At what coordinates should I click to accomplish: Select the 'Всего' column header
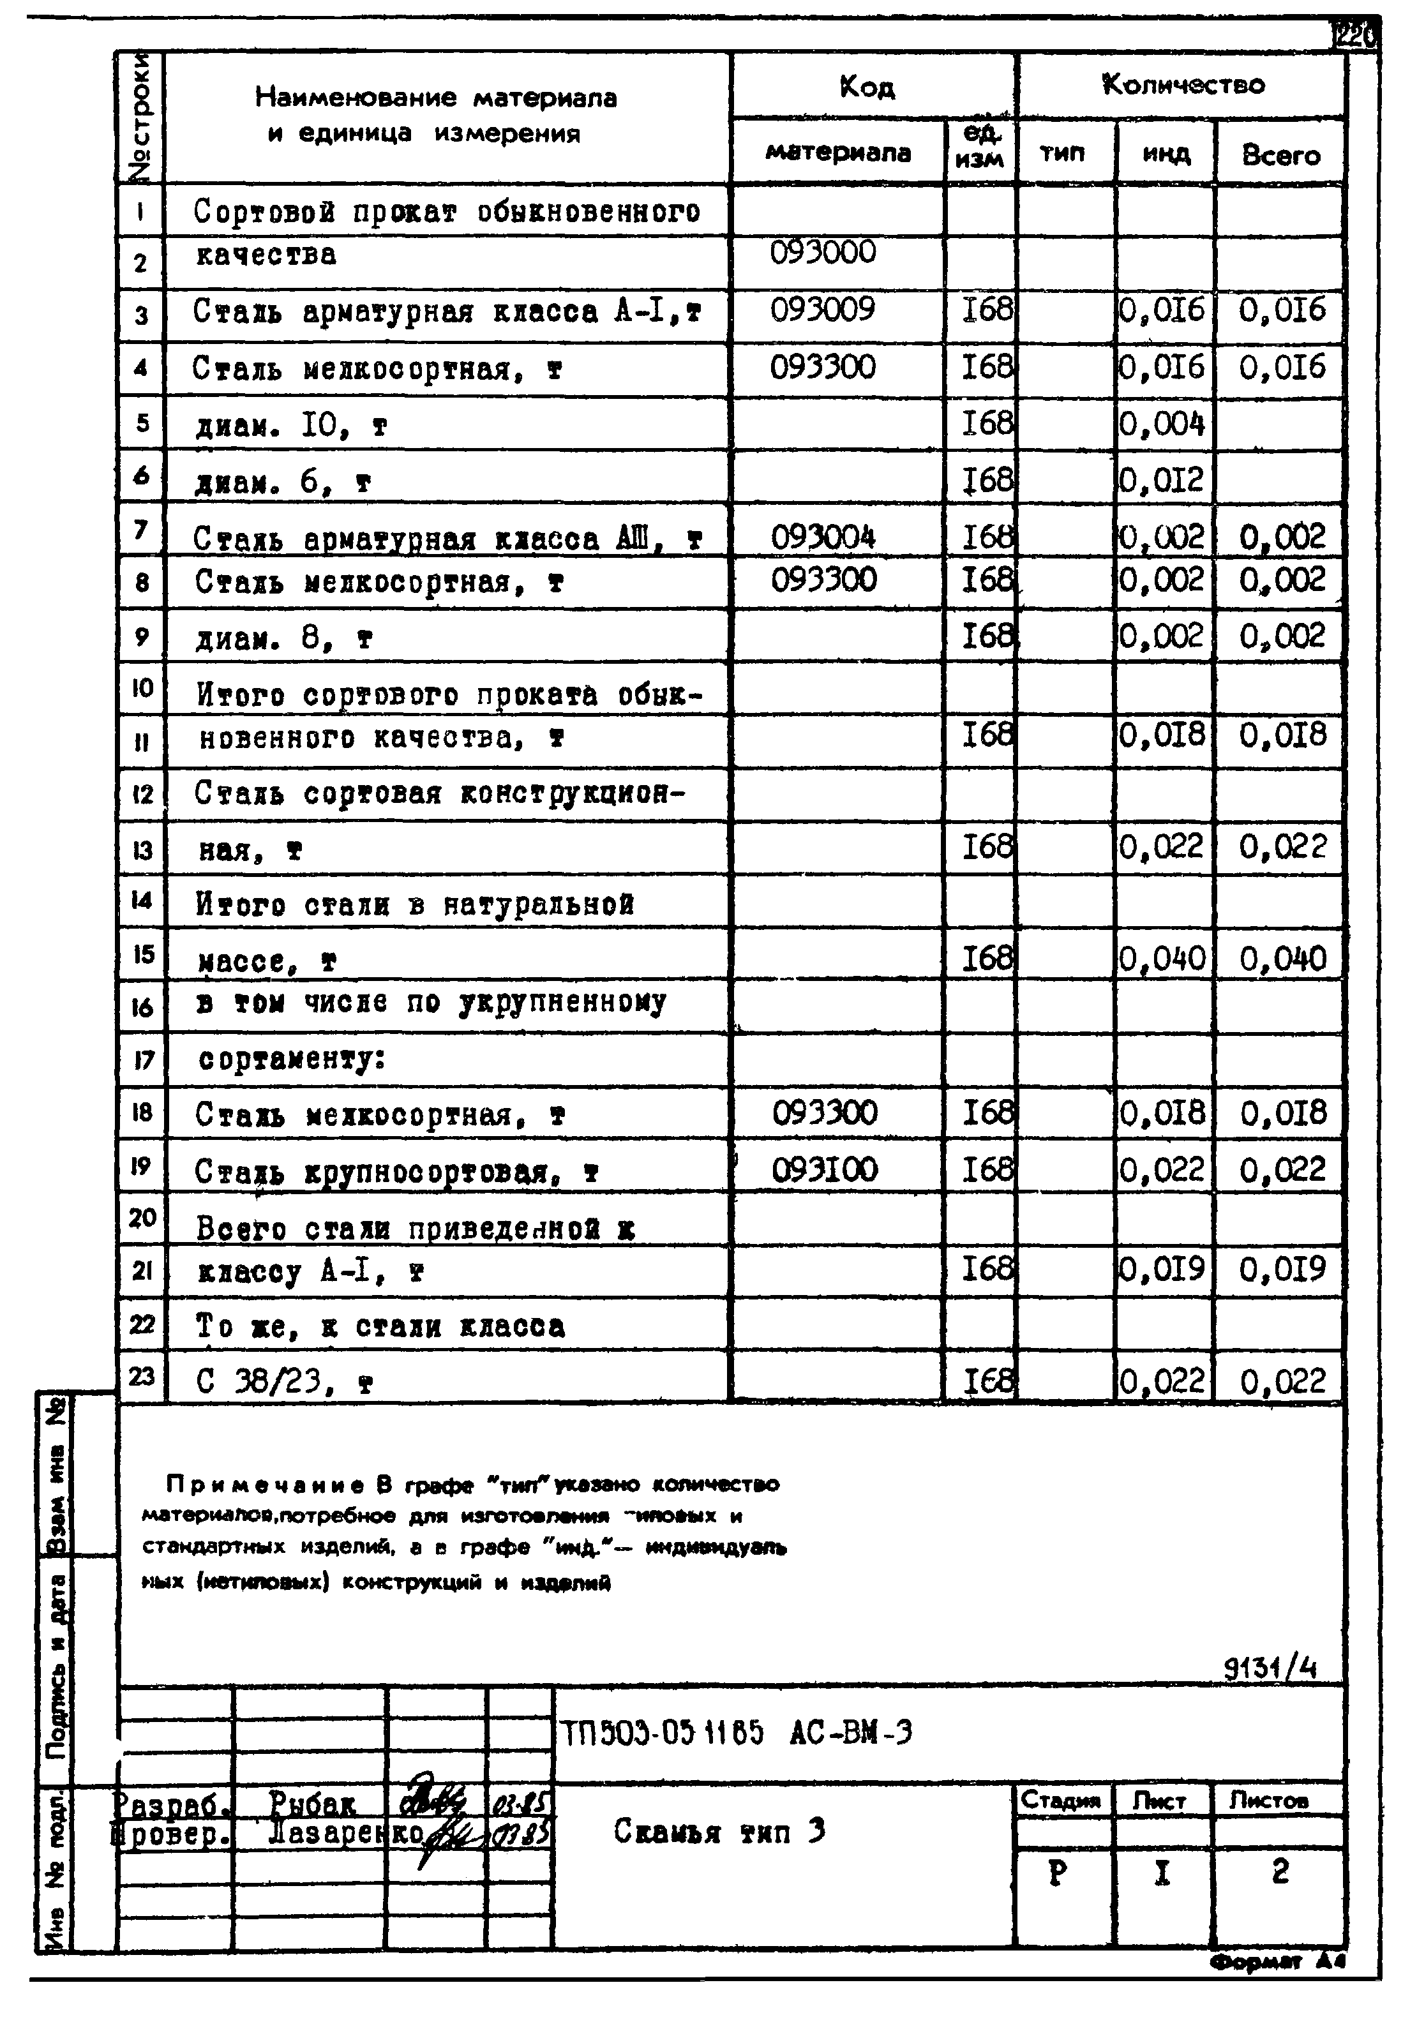[1280, 156]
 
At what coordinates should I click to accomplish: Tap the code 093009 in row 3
[823, 310]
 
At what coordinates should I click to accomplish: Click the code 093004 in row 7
[823, 536]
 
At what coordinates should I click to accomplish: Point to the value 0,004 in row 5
[1162, 424]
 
